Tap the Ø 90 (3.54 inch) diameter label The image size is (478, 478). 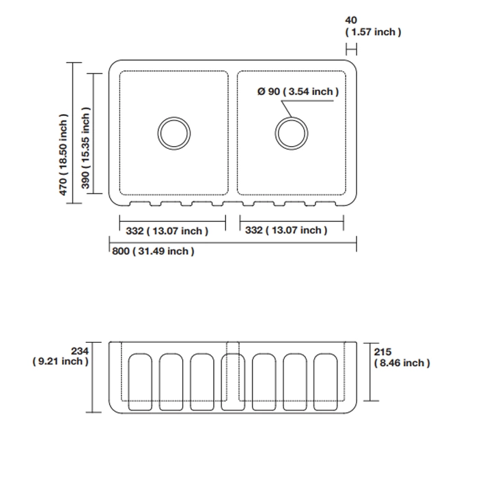pyautogui.click(x=298, y=92)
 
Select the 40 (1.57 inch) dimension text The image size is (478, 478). pyautogui.click(x=372, y=27)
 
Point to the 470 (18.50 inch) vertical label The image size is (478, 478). pyautogui.click(x=64, y=155)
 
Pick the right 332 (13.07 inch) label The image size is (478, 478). pyautogui.click(x=286, y=230)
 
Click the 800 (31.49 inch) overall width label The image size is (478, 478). pyautogui.click(x=153, y=251)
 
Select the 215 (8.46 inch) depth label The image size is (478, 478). pyautogui.click(x=401, y=358)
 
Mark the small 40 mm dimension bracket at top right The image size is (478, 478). pyautogui.click(x=351, y=49)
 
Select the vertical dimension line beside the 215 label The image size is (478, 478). pyautogui.click(x=370, y=371)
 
